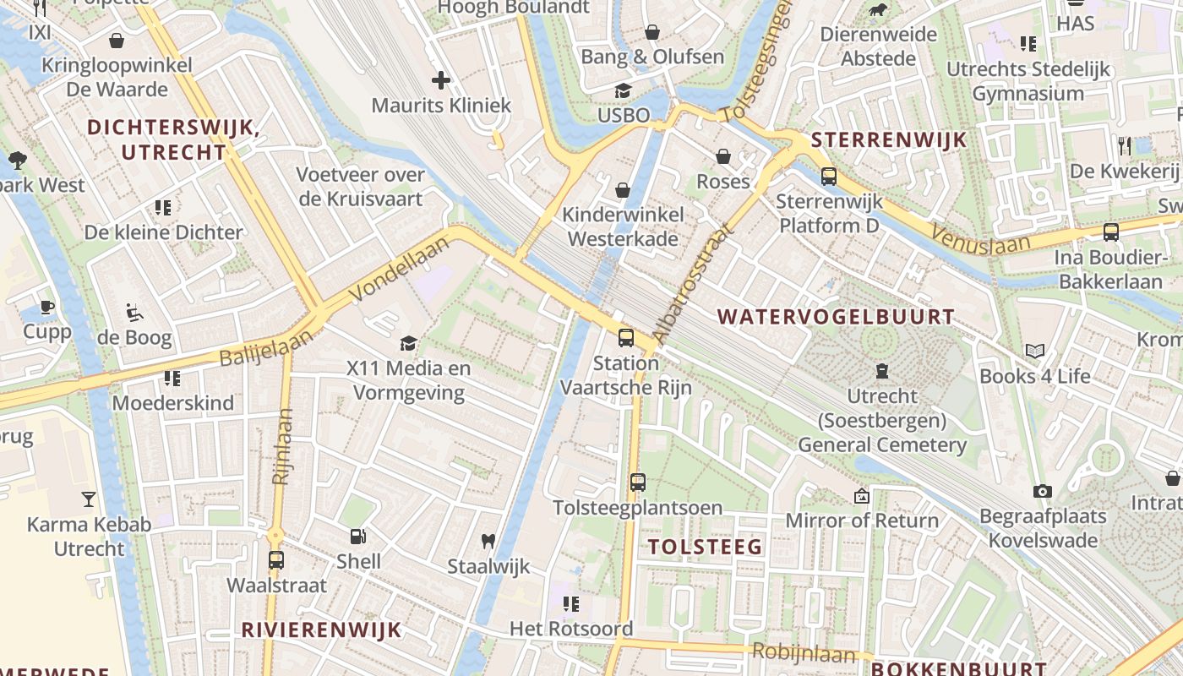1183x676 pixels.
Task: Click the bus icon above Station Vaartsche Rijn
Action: pos(626,338)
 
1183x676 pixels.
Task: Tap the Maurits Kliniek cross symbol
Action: pos(441,80)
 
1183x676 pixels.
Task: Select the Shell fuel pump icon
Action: pos(358,536)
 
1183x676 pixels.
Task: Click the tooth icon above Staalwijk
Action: pos(488,541)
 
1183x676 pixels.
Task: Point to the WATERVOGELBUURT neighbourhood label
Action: pos(836,318)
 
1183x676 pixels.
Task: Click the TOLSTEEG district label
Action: pos(706,547)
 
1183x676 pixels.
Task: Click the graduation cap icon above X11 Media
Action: pos(409,343)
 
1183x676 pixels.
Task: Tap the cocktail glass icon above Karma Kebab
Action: pos(89,499)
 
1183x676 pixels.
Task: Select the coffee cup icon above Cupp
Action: pos(47,306)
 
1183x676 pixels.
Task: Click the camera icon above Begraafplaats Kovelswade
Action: pos(1043,491)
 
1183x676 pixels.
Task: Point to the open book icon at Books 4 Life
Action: pos(1035,351)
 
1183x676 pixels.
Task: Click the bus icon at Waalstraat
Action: pos(276,559)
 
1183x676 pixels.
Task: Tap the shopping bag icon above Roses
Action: pos(723,156)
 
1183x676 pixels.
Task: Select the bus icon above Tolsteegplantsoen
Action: pos(638,482)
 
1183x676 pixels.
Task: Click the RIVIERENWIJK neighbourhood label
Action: pos(321,630)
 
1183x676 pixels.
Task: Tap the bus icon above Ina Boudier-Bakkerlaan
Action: pos(1111,232)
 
